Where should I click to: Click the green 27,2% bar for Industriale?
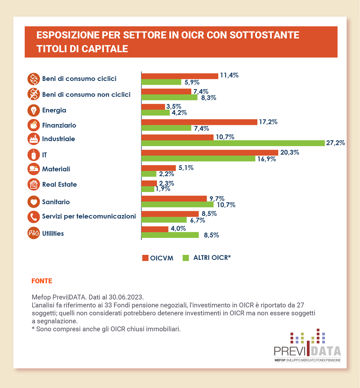pos(233,143)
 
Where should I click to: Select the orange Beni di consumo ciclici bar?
pos(180,76)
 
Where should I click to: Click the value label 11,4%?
pos(229,76)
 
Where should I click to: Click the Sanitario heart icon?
pos(34,202)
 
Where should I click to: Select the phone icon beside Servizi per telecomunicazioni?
pos(34,217)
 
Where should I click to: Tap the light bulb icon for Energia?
pos(34,110)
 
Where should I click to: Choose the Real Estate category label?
pos(59,184)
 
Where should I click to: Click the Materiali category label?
pos(56,169)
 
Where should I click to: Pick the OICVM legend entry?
pos(158,258)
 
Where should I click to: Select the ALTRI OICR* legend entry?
pos(207,258)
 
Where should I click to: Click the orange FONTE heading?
pos(42,281)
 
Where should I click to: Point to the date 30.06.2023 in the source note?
pos(128,297)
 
